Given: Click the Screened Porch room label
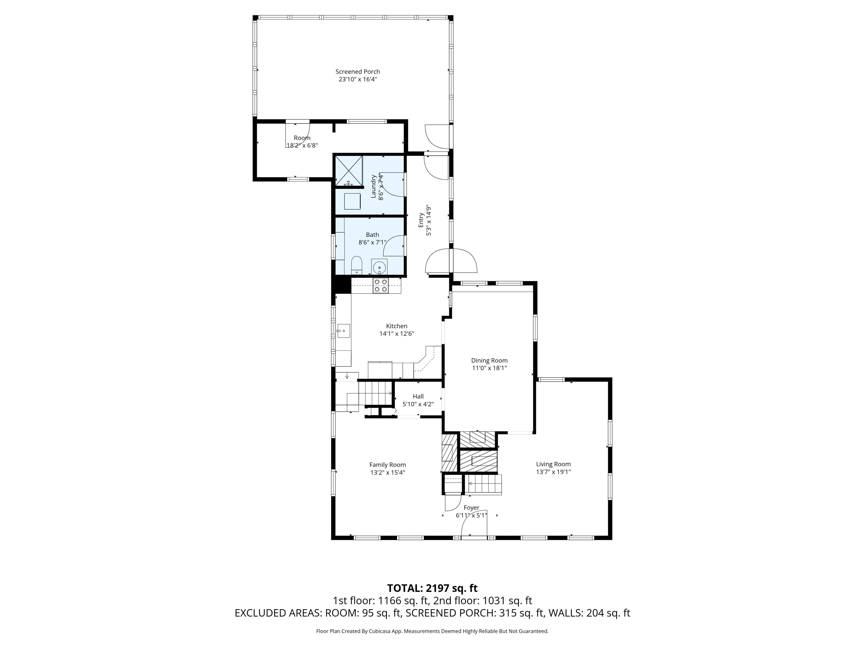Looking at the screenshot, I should tap(358, 72).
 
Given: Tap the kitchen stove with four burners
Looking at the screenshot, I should tap(381, 286).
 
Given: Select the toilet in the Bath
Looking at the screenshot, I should tap(356, 266).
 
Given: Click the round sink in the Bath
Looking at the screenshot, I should tap(379, 268).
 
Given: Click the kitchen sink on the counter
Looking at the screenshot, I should tap(344, 331).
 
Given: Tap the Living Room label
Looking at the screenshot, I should tap(553, 464).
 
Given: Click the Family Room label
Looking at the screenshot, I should tap(387, 465).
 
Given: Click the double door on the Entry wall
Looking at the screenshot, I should tap(451, 261).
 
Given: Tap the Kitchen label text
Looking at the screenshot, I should tap(396, 326).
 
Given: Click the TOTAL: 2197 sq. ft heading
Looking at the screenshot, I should tap(432, 588).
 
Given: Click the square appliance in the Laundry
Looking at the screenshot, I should tap(352, 201).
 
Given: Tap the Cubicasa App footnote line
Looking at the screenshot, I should tap(432, 631).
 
